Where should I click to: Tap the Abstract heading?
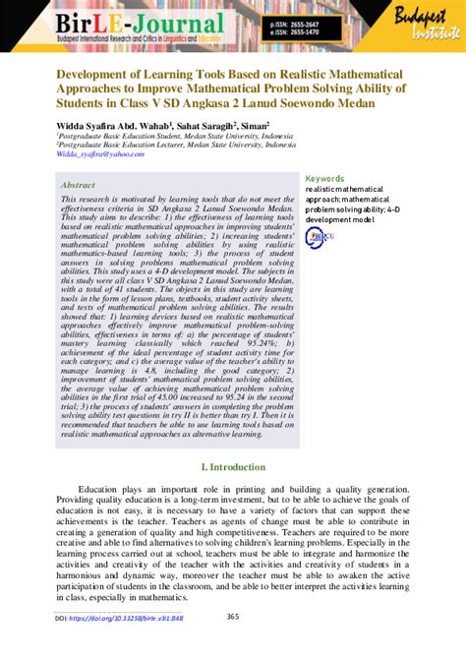coord(79,184)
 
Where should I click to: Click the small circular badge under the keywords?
coord(315,237)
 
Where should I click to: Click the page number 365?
coord(233,617)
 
